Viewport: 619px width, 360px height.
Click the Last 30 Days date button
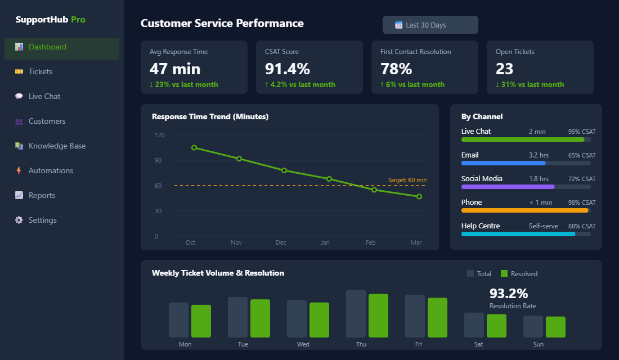[x=430, y=25]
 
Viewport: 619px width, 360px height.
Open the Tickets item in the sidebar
[x=41, y=71]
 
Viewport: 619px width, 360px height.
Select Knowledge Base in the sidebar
[x=57, y=146]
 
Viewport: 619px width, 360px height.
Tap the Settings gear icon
[x=19, y=220]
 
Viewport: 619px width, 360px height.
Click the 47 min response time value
[x=174, y=69]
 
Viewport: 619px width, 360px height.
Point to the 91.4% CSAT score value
[x=287, y=69]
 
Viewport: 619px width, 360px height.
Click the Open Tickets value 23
[x=504, y=69]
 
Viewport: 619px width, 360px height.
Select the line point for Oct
[x=194, y=147]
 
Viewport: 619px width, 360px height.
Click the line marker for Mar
[x=419, y=196]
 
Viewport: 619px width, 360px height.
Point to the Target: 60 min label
[x=407, y=180]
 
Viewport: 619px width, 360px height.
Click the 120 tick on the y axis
[x=160, y=135]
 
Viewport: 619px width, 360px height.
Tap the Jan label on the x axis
[x=325, y=242]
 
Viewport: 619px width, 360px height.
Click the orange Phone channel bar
[x=524, y=210]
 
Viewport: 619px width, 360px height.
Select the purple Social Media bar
[x=508, y=187]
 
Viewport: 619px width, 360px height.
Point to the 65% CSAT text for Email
[x=581, y=155]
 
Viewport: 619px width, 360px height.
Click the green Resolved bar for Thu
[x=378, y=316]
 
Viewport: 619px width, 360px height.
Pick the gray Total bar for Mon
[x=178, y=320]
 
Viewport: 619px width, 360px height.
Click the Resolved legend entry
[x=519, y=274]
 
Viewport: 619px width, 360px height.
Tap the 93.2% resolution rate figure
[x=508, y=294]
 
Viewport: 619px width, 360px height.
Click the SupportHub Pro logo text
[x=51, y=20]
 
